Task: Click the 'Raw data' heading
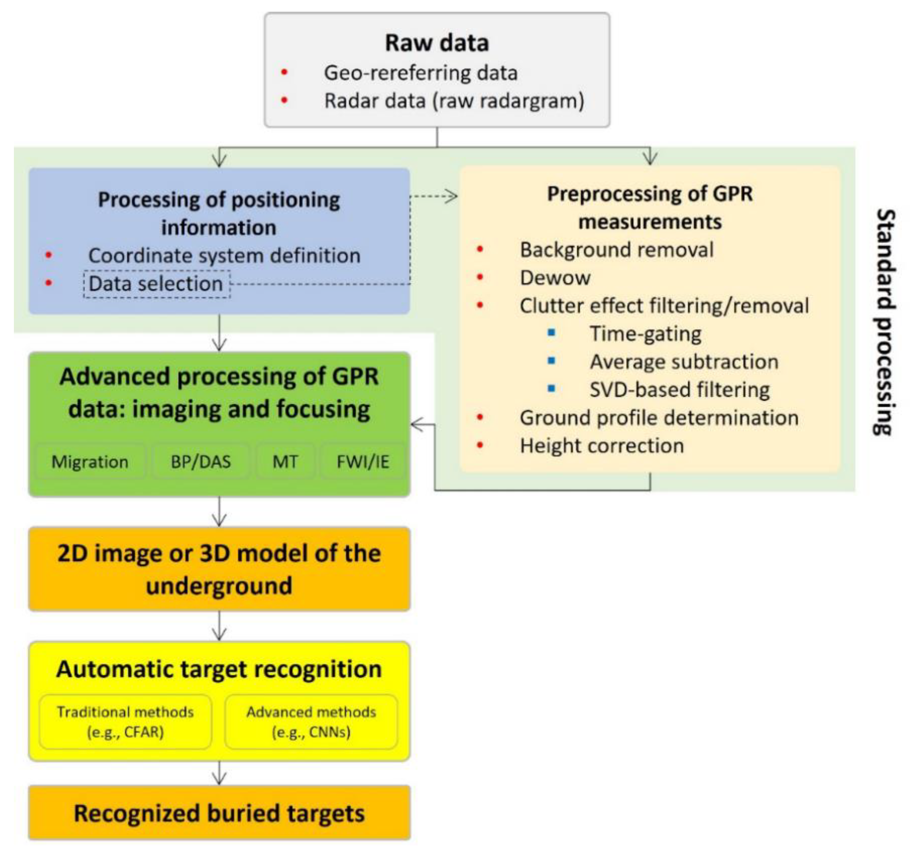click(x=437, y=43)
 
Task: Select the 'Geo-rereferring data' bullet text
click(x=421, y=73)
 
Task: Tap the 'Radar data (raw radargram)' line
click(x=454, y=101)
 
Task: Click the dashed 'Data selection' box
click(x=157, y=284)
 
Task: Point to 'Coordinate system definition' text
click(x=224, y=256)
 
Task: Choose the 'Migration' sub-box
click(x=90, y=461)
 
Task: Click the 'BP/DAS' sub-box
click(x=200, y=461)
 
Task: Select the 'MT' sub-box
click(x=285, y=461)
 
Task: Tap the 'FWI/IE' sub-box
click(x=362, y=461)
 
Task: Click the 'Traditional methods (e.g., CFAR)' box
click(x=125, y=721)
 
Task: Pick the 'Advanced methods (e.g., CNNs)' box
click(x=311, y=721)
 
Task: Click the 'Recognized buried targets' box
click(x=219, y=813)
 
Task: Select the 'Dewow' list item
click(x=555, y=278)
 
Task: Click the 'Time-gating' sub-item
click(x=645, y=334)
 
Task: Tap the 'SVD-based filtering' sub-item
click(x=679, y=390)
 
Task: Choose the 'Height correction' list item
click(x=602, y=446)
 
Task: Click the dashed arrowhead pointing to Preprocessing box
click(x=452, y=196)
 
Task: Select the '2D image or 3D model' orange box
click(x=219, y=569)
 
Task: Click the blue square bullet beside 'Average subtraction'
click(x=551, y=361)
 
